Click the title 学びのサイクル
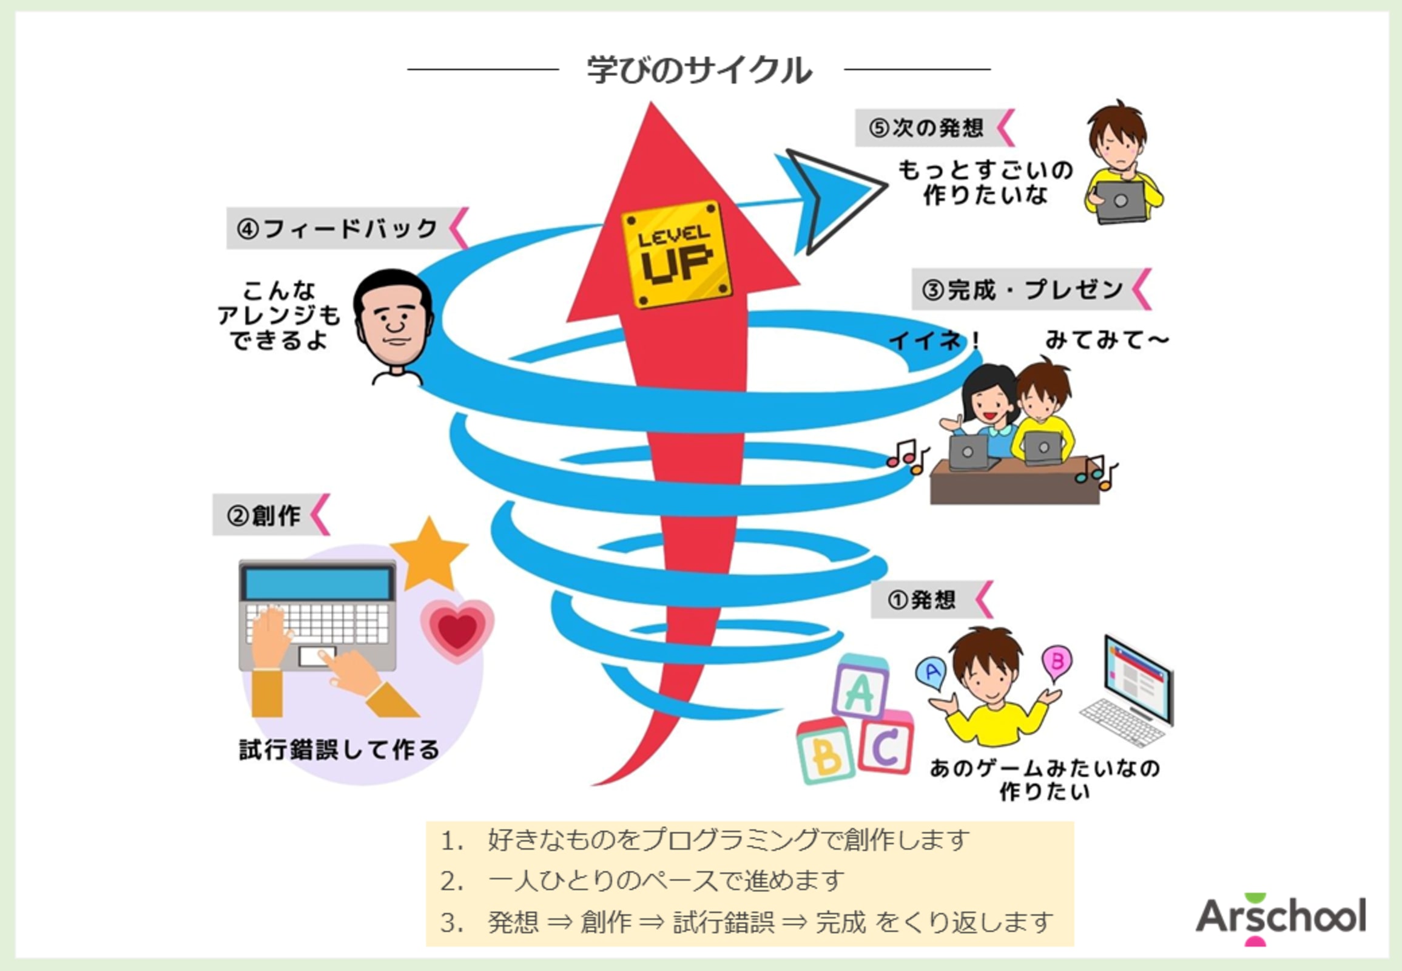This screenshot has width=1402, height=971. click(699, 70)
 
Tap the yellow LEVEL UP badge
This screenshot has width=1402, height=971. click(676, 254)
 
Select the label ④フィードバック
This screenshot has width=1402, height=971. click(338, 229)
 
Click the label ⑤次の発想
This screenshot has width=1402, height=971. click(926, 129)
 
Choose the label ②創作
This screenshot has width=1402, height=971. click(264, 516)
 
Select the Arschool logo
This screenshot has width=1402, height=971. click(1280, 918)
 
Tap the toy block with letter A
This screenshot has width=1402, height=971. click(860, 689)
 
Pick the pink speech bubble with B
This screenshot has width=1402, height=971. click(1057, 662)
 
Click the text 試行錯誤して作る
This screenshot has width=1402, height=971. click(339, 749)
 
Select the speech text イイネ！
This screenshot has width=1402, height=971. click(934, 340)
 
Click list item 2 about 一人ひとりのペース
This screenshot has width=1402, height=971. click(666, 881)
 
